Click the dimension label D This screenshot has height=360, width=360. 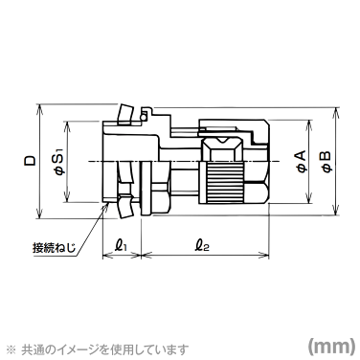point(31,161)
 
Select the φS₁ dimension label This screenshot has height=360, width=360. point(60,162)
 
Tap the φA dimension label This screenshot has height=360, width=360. point(302,161)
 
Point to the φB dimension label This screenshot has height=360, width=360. point(326,161)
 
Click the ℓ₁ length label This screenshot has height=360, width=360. point(121,245)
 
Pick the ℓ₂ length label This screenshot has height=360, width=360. point(203,245)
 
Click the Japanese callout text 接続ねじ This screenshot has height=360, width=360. point(55,248)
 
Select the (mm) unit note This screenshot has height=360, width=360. point(331,345)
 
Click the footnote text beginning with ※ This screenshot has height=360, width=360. point(101,349)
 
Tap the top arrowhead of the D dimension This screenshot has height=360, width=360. point(39,108)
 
